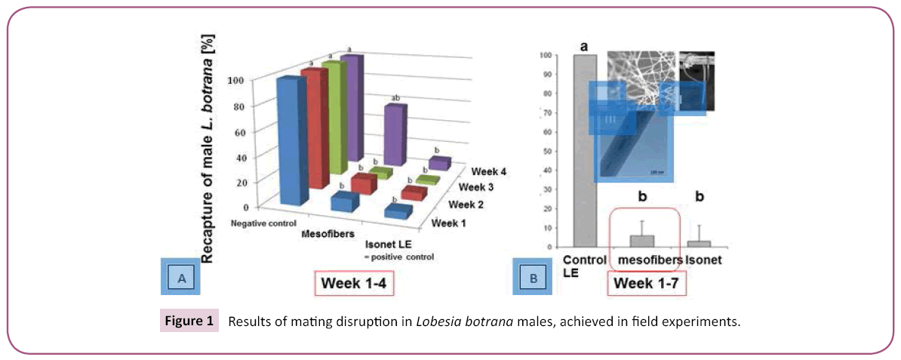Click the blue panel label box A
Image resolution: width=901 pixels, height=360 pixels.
[181, 278]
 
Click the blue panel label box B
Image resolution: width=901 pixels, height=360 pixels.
[534, 278]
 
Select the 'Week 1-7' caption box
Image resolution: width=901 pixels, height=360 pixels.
[646, 285]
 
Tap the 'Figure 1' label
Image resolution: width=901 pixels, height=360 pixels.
[189, 322]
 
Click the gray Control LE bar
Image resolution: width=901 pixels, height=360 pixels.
[585, 151]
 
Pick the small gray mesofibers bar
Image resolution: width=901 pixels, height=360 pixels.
[642, 241]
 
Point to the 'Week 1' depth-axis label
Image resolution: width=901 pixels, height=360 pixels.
[450, 223]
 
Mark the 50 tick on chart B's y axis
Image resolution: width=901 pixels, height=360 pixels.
[547, 151]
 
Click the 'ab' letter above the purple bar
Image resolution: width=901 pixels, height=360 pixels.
[394, 98]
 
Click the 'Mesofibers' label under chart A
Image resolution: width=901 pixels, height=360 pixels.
[327, 234]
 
